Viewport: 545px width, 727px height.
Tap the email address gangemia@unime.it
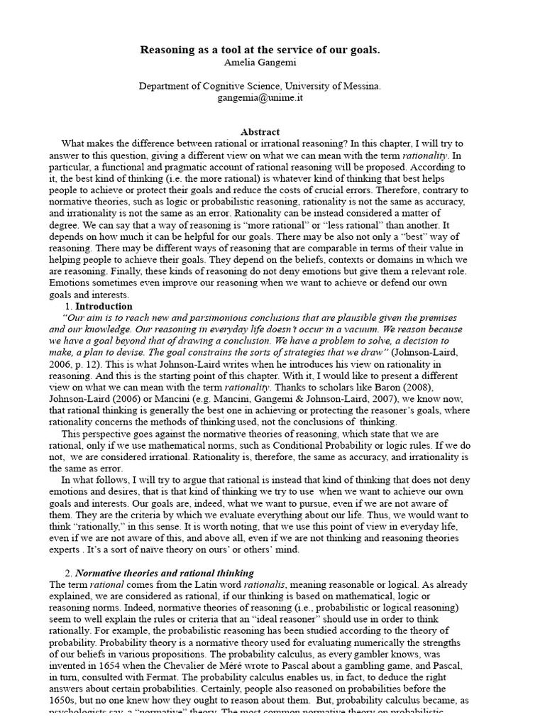(260, 98)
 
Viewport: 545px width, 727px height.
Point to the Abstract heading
(260, 132)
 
